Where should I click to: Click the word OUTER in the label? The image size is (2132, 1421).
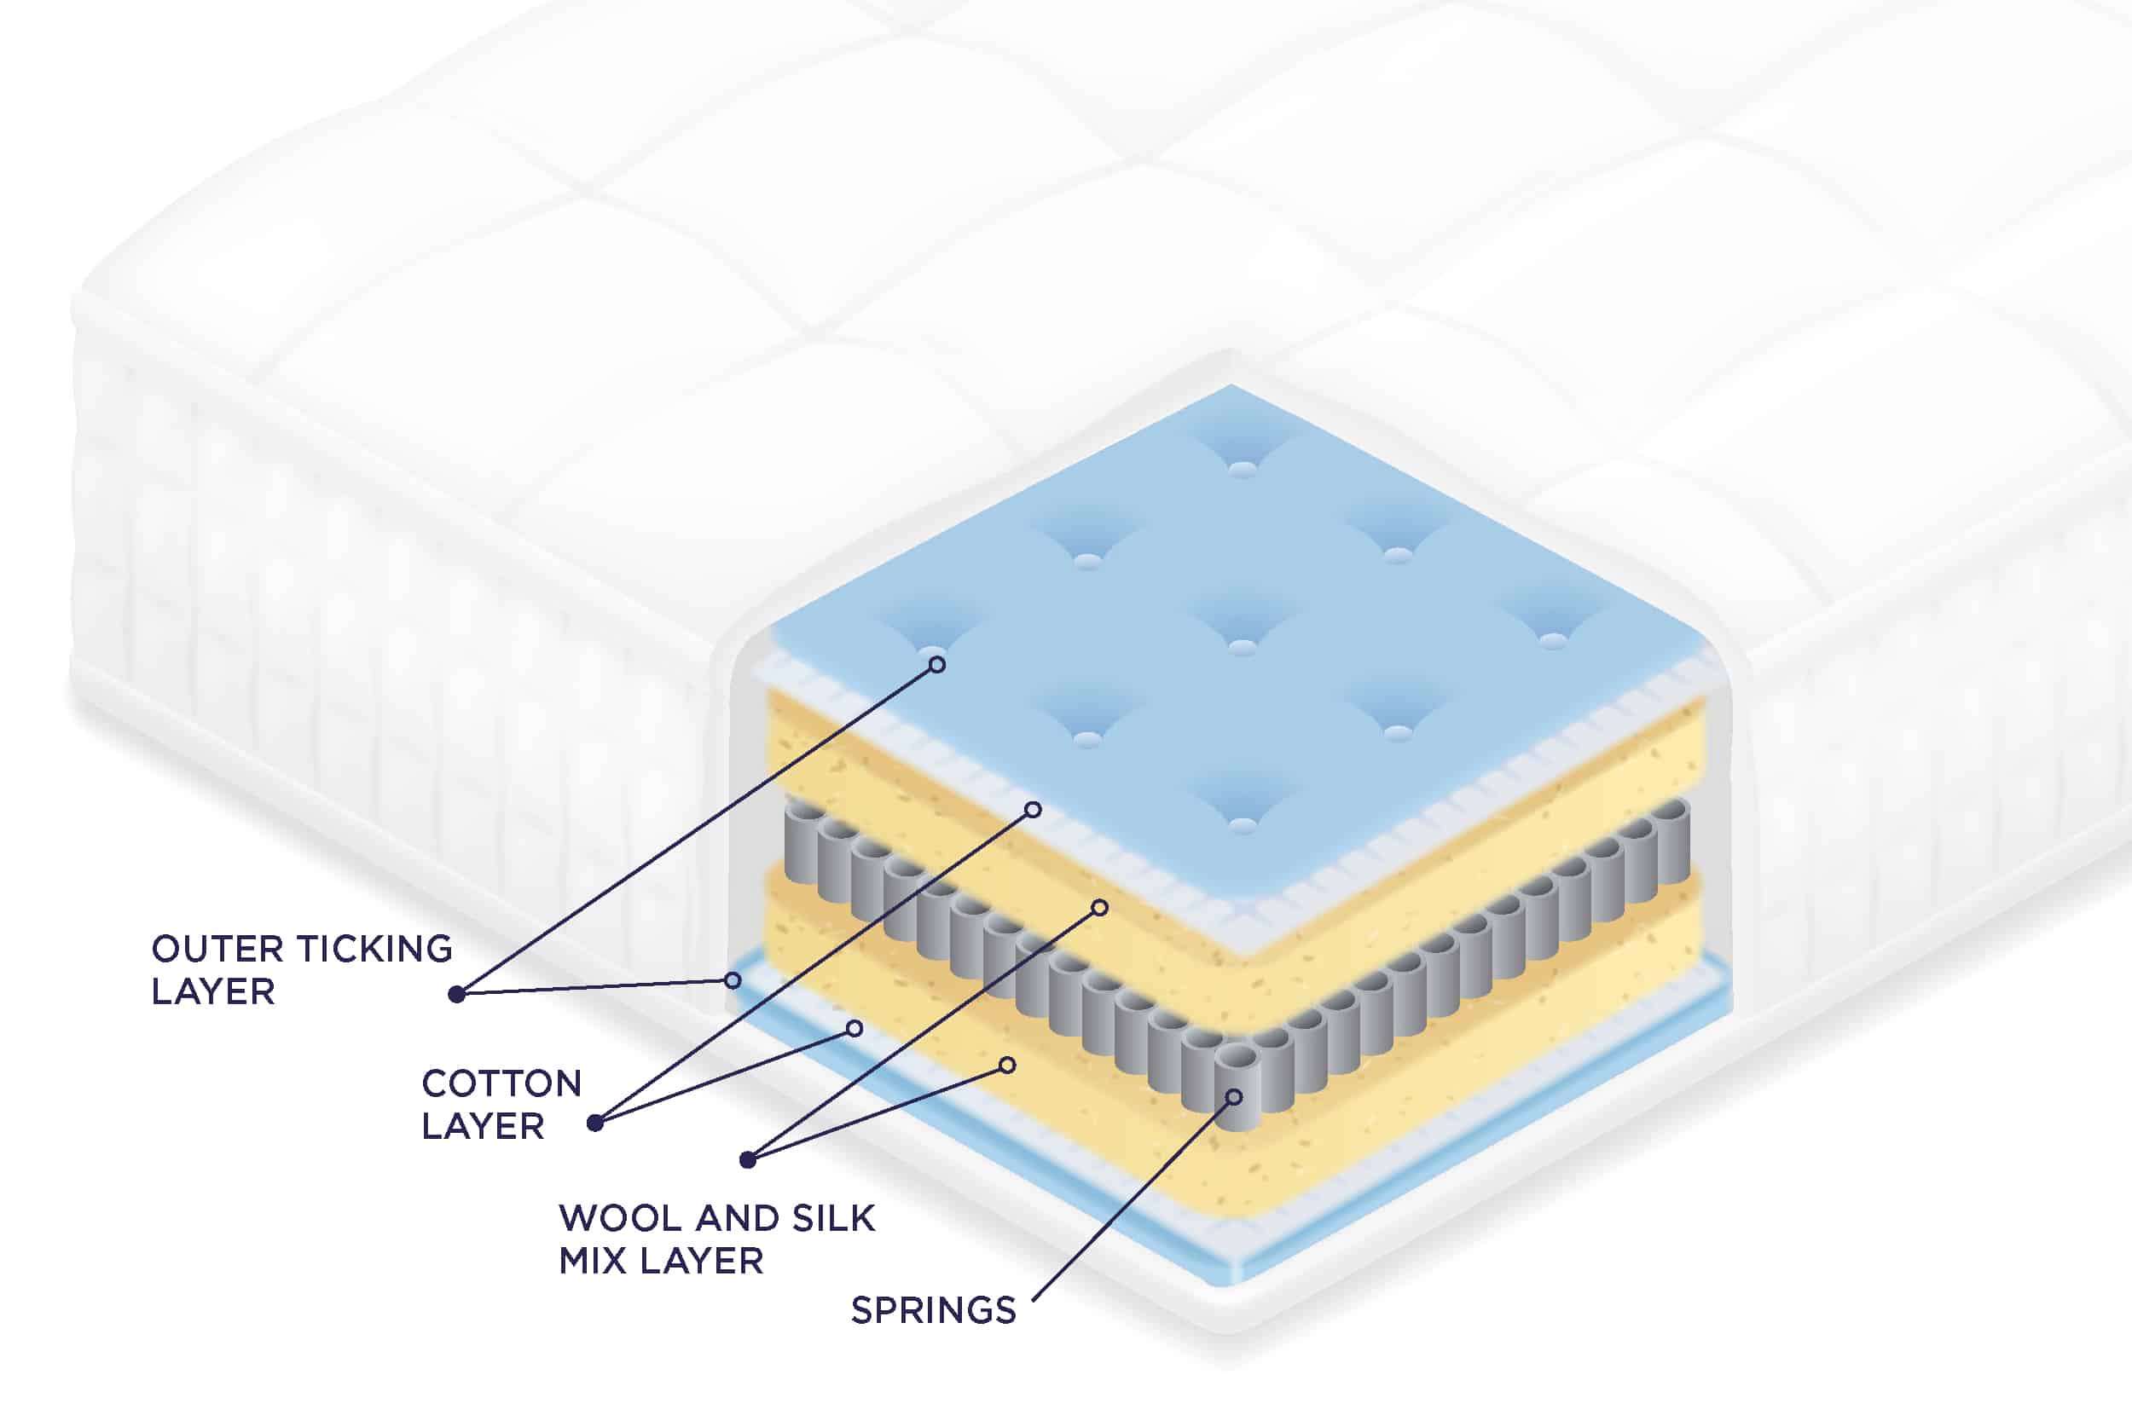tap(217, 949)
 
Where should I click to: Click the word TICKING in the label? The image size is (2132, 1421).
tap(375, 949)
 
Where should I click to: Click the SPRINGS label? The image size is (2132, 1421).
tap(934, 1310)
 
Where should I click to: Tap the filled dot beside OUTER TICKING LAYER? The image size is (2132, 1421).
tap(457, 994)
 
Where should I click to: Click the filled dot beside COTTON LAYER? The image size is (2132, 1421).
tap(594, 1123)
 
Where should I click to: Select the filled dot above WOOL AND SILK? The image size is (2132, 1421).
tap(748, 1159)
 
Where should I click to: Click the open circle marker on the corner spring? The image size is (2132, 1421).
tap(1234, 1097)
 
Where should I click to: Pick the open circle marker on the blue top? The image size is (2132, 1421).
tap(937, 664)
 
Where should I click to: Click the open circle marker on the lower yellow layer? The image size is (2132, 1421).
tap(1007, 1065)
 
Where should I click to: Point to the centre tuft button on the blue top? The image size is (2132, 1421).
tap(1243, 646)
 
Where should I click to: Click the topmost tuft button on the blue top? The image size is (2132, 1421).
tap(1243, 469)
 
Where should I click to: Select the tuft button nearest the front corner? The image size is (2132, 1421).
tap(1243, 824)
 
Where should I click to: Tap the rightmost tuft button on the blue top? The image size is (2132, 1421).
tap(1553, 641)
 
